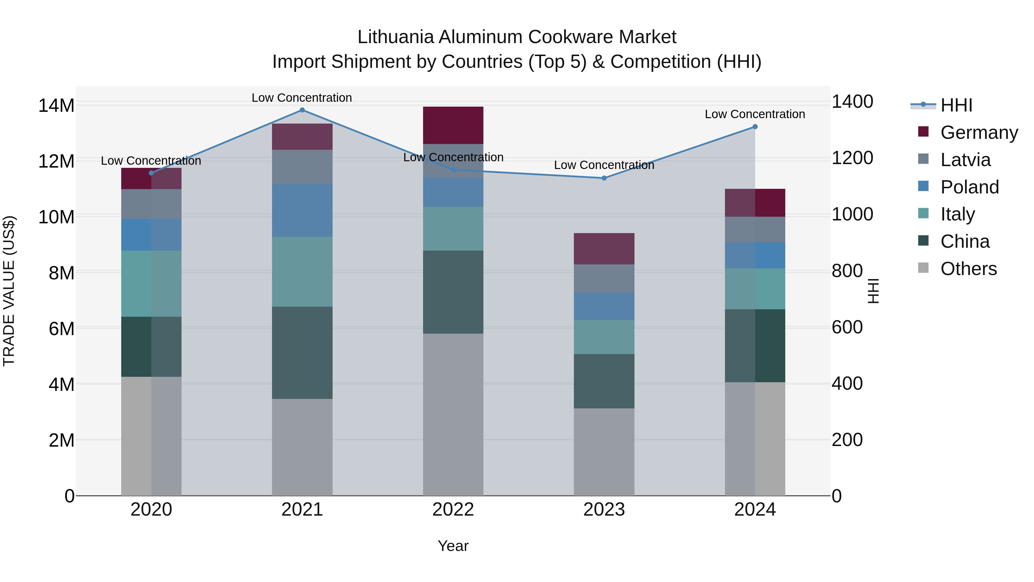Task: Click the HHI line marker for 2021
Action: (x=302, y=110)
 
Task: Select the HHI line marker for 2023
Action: (x=604, y=178)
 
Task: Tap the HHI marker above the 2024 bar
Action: (x=755, y=126)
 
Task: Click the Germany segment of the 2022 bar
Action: (x=453, y=125)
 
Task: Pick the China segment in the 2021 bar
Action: (x=302, y=353)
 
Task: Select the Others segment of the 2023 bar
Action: (x=604, y=452)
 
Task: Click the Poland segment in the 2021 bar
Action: (x=302, y=210)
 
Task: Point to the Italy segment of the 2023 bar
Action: (x=604, y=337)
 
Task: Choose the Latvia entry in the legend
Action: (x=965, y=160)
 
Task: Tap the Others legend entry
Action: (x=969, y=269)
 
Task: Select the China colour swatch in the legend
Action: (x=923, y=241)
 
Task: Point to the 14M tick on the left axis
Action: (x=56, y=106)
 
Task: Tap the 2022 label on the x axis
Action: (x=453, y=510)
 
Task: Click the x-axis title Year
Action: (x=453, y=546)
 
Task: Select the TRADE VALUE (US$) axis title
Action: (x=9, y=291)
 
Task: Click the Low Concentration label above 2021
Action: (x=302, y=98)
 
